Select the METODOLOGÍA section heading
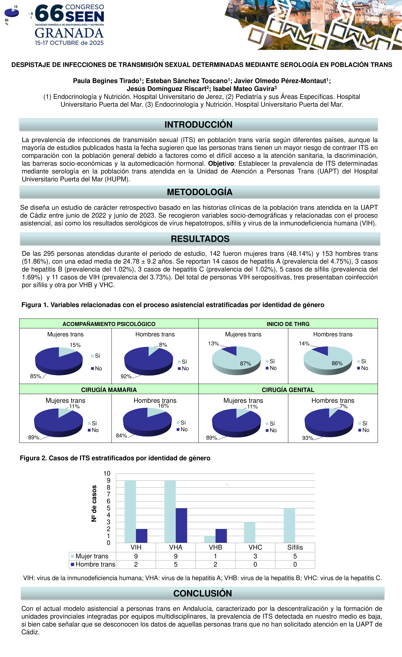pyautogui.click(x=199, y=192)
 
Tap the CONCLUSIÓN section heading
pyautogui.click(x=202, y=593)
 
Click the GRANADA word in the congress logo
pyautogui.click(x=69, y=33)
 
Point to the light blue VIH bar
pyautogui.click(x=130, y=511)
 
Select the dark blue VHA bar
pyautogui.click(x=181, y=525)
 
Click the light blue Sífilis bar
pyautogui.click(x=289, y=525)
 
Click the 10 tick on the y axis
pyautogui.click(x=107, y=473)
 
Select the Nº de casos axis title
pyautogui.click(x=94, y=503)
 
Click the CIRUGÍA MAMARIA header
pyautogui.click(x=109, y=390)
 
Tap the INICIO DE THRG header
pyautogui.click(x=288, y=324)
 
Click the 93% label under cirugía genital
pyautogui.click(x=308, y=438)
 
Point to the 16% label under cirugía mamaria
pyautogui.click(x=163, y=406)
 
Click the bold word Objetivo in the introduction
pyautogui.click(x=221, y=163)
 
